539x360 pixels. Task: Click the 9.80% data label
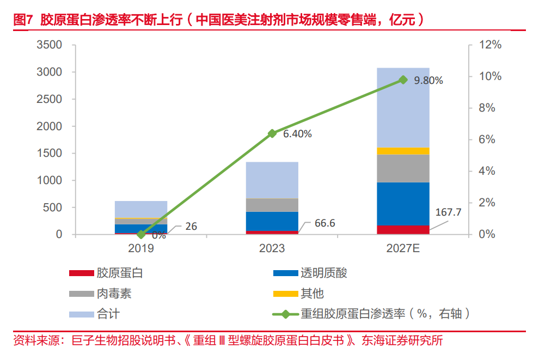coord(428,81)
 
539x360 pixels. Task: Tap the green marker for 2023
coord(272,133)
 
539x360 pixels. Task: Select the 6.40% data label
coord(297,134)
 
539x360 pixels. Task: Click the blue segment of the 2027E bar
coord(403,203)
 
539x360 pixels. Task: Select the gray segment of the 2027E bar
coord(403,168)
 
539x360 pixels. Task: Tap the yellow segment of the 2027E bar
coord(403,151)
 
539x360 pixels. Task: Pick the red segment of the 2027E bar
coord(403,229)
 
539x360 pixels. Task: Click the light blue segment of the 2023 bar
coord(272,180)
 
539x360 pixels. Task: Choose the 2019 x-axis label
coord(141,249)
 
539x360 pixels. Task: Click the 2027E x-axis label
coord(403,249)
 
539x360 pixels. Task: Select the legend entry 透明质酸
coord(323,273)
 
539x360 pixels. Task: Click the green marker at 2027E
coord(403,80)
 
